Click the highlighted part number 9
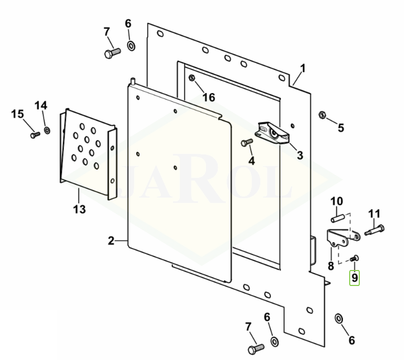354,277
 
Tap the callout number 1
303,68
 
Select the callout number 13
79,209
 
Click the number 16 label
209,97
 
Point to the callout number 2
111,241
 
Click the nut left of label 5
321,115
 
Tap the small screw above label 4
247,143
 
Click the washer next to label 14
47,130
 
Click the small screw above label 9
356,258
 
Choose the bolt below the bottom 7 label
255,349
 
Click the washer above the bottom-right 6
339,318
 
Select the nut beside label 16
193,79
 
